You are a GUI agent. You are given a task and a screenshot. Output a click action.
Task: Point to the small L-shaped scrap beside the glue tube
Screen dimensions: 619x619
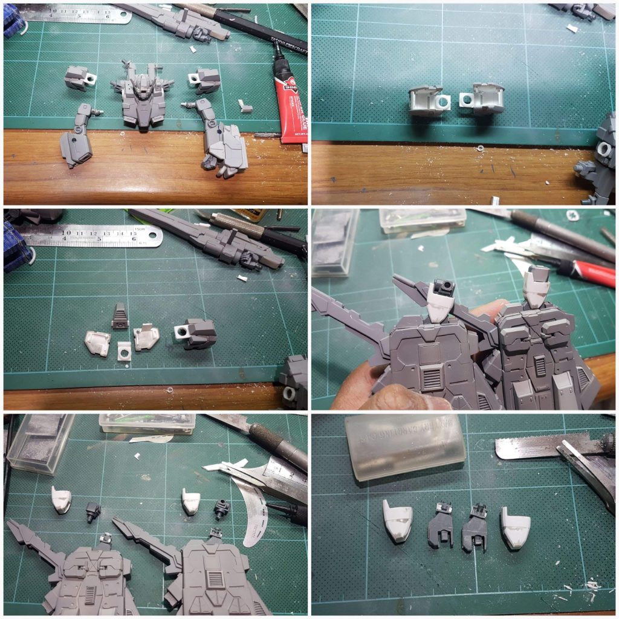pyautogui.click(x=245, y=106)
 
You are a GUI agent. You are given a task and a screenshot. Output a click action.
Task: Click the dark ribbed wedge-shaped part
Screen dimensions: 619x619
pyautogui.click(x=120, y=316)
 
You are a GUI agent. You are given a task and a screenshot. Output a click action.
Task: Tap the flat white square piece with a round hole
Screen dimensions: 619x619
pyautogui.click(x=124, y=350)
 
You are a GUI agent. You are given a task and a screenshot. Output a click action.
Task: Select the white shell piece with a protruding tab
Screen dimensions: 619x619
pyautogui.click(x=145, y=337)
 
